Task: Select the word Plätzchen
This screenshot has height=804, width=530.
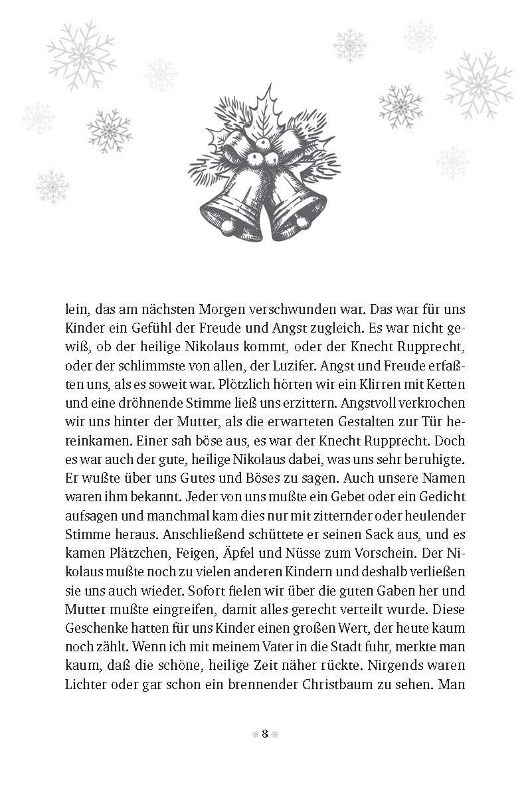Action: tap(129, 551)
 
